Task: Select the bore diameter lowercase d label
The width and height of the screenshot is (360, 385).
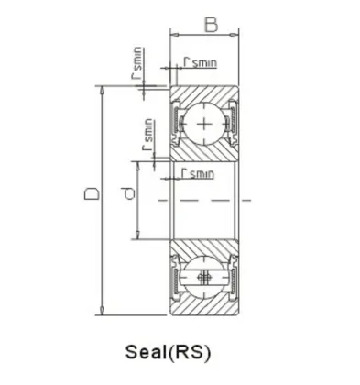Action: pos(128,193)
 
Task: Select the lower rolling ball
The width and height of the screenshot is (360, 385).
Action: pos(203,279)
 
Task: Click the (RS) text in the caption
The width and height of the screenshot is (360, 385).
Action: pos(197,351)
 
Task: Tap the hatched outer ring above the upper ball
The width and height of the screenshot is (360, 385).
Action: pos(203,94)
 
